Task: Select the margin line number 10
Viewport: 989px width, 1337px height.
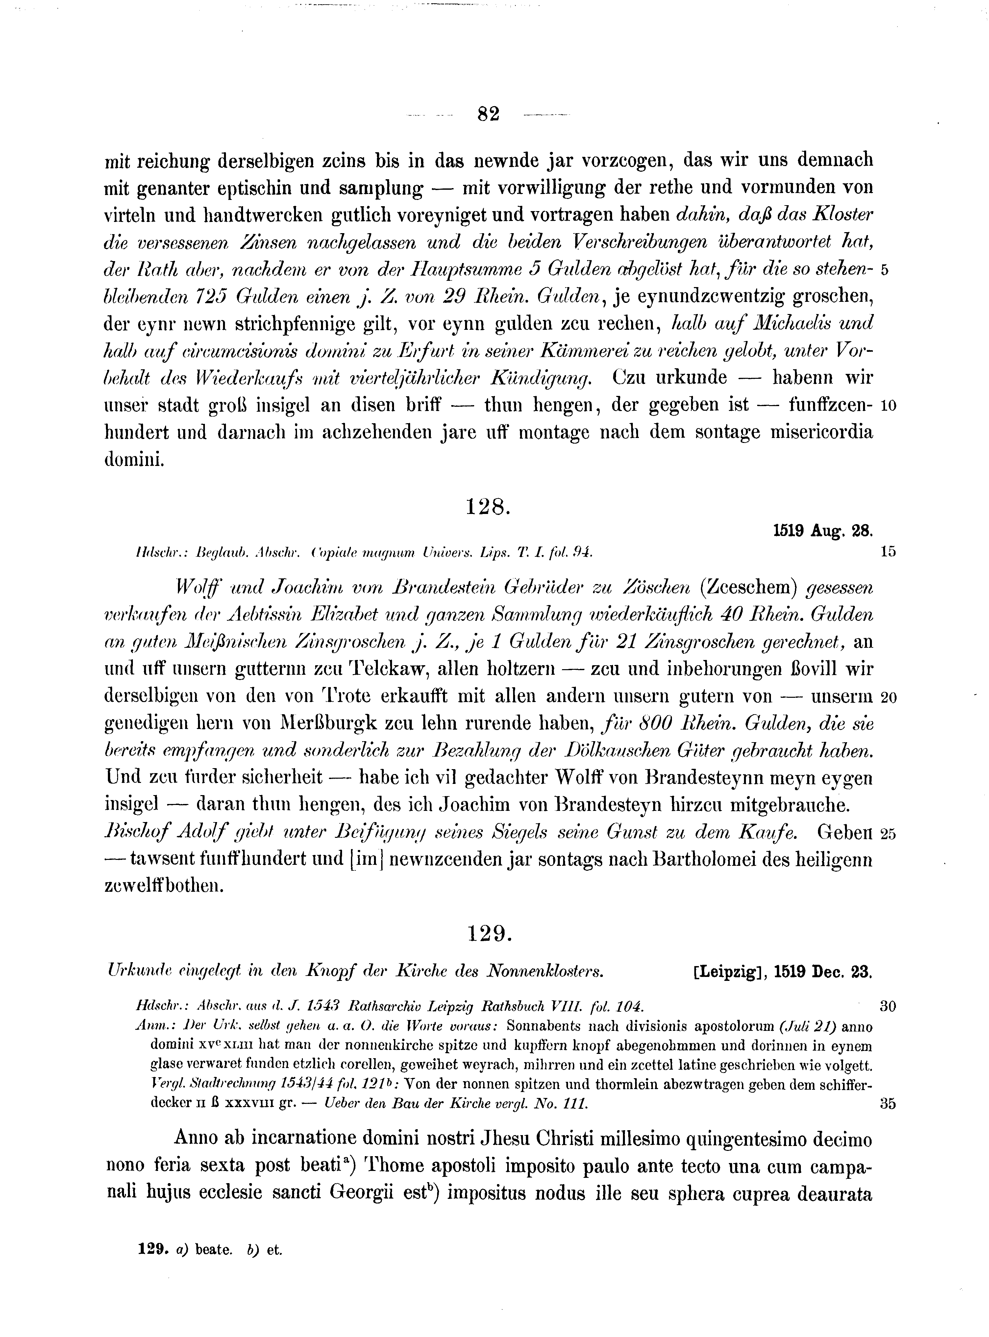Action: (x=888, y=406)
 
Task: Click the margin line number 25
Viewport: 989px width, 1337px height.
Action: (x=888, y=834)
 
